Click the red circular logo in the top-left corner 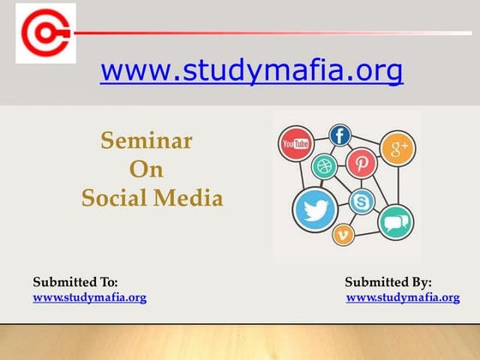point(45,33)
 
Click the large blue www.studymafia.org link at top point(251,71)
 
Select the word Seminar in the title point(147,141)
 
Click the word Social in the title point(115,198)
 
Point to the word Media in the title point(189,198)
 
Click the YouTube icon point(295,145)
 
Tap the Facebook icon point(340,135)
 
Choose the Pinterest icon point(361,162)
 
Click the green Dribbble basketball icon point(324,165)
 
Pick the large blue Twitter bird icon point(315,209)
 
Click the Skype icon point(363,202)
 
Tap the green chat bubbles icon point(395,222)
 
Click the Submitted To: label point(75,282)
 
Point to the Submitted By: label point(388,282)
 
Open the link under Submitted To point(89,297)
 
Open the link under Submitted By point(403,297)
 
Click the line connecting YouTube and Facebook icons point(319,139)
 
